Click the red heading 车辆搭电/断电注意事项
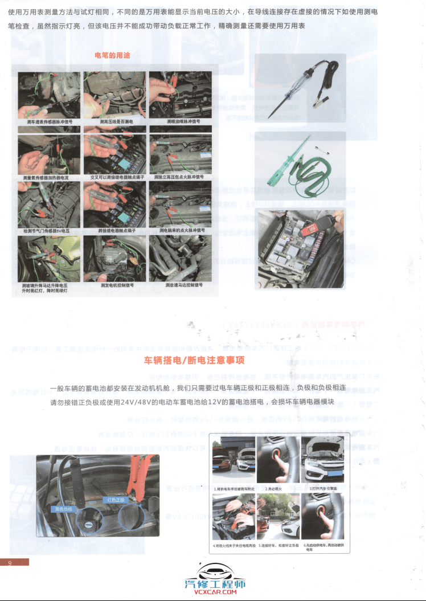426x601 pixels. click(195, 360)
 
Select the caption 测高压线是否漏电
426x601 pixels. click(116, 121)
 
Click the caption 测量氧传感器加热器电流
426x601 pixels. click(50, 177)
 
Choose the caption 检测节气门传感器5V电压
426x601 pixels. click(50, 231)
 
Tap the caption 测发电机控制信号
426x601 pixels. click(117, 284)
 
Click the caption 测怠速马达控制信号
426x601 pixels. click(181, 284)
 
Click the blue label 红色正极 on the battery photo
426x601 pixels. click(116, 499)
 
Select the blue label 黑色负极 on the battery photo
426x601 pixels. click(63, 508)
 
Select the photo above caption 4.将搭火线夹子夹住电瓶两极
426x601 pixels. click(233, 516)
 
